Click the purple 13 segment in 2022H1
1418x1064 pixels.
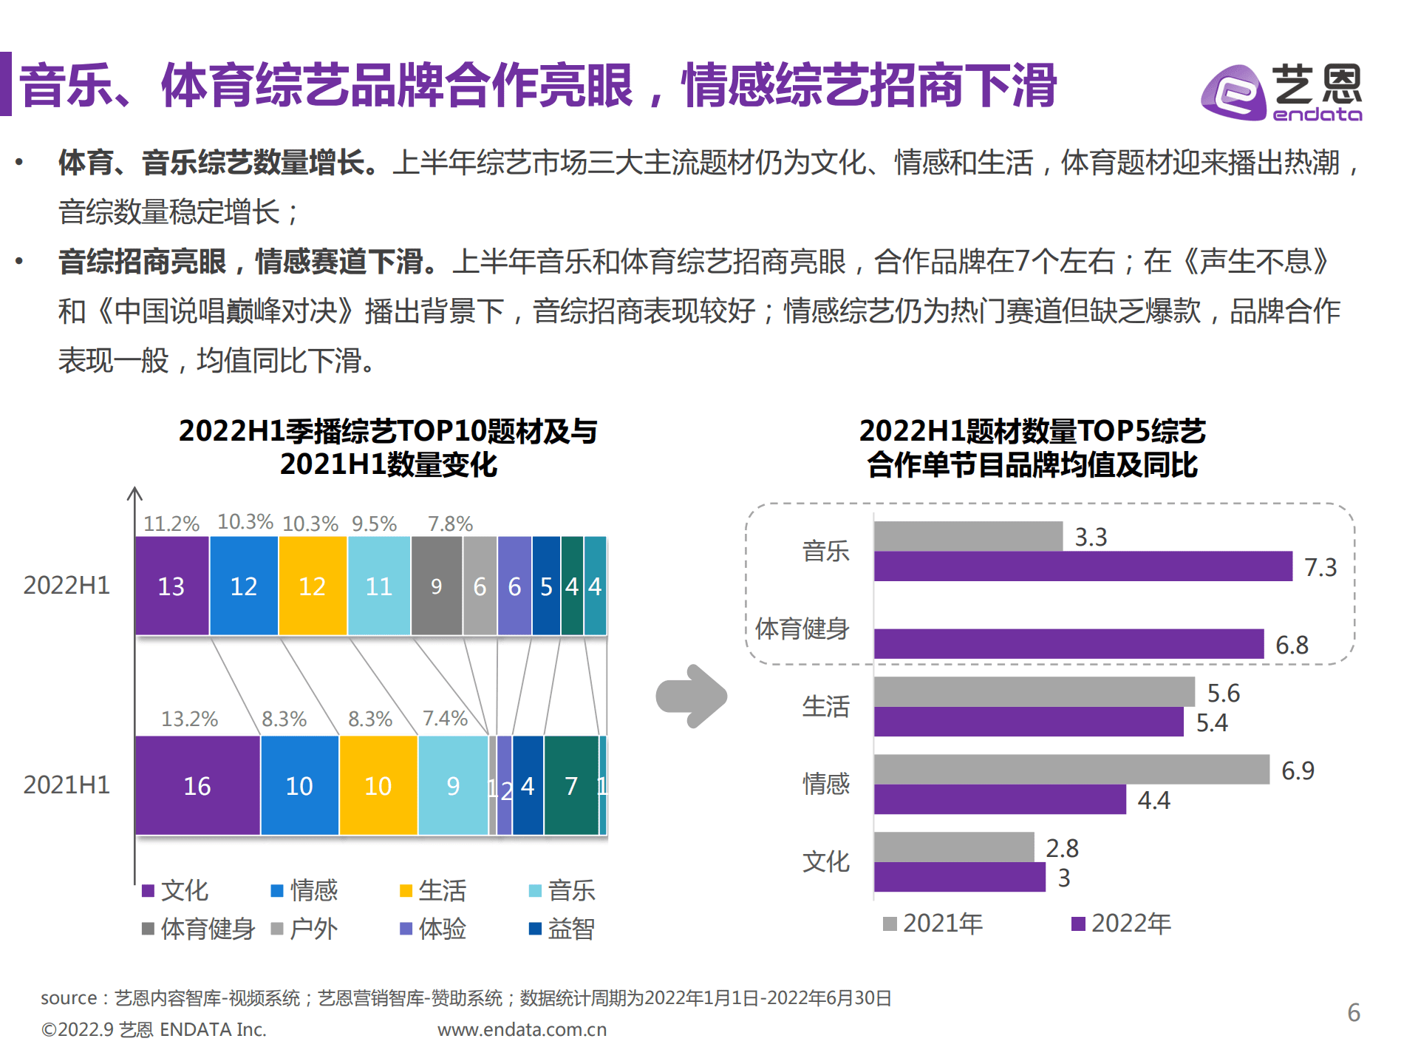pyautogui.click(x=171, y=586)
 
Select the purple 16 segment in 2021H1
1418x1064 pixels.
pyautogui.click(x=197, y=785)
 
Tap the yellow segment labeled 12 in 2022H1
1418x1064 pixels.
pyautogui.click(x=312, y=586)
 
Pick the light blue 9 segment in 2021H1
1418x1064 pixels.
pyautogui.click(x=453, y=785)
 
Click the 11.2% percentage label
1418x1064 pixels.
pyautogui.click(x=171, y=523)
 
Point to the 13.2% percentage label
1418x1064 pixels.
pyautogui.click(x=189, y=719)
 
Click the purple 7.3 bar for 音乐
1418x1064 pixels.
pyautogui.click(x=1083, y=566)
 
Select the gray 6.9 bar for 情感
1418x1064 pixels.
pyautogui.click(x=1071, y=770)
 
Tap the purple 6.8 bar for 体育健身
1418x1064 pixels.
pyautogui.click(x=1068, y=644)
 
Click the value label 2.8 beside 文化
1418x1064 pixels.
pyautogui.click(x=1062, y=848)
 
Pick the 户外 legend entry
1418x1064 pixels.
pyautogui.click(x=304, y=929)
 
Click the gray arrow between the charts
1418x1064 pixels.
pyautogui.click(x=691, y=696)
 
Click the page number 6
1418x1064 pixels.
pyautogui.click(x=1353, y=1012)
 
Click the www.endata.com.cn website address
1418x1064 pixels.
pyautogui.click(x=522, y=1029)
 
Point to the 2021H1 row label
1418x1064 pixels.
pyautogui.click(x=67, y=785)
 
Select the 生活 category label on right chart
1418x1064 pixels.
pyautogui.click(x=825, y=707)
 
